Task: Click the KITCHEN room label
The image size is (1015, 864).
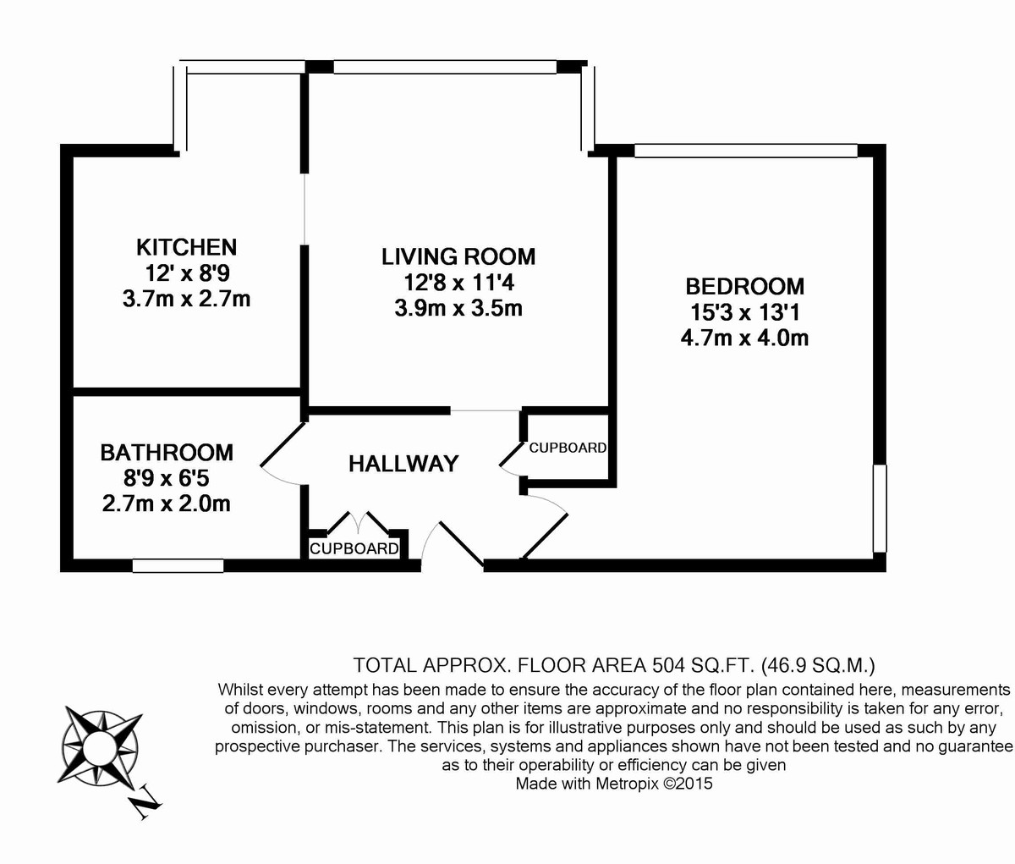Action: click(x=186, y=247)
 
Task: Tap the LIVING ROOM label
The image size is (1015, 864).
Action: click(x=458, y=256)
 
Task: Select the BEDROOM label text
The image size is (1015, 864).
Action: click(x=744, y=286)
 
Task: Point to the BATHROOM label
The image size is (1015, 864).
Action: click(x=167, y=452)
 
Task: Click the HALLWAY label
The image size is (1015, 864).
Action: click(x=403, y=464)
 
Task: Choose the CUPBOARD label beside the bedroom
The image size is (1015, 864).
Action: click(x=568, y=448)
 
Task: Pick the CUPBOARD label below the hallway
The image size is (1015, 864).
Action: click(x=354, y=548)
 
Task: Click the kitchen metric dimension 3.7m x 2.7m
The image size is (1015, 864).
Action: click(x=186, y=299)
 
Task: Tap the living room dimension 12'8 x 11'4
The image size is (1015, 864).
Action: click(x=458, y=282)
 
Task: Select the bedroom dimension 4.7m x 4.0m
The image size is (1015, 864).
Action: click(x=744, y=338)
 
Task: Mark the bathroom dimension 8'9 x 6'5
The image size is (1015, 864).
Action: click(x=167, y=478)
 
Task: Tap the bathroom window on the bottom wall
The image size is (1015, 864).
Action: click(x=178, y=565)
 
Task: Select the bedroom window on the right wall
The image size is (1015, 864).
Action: click(x=880, y=508)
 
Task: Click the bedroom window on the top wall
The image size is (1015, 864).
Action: click(x=745, y=151)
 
